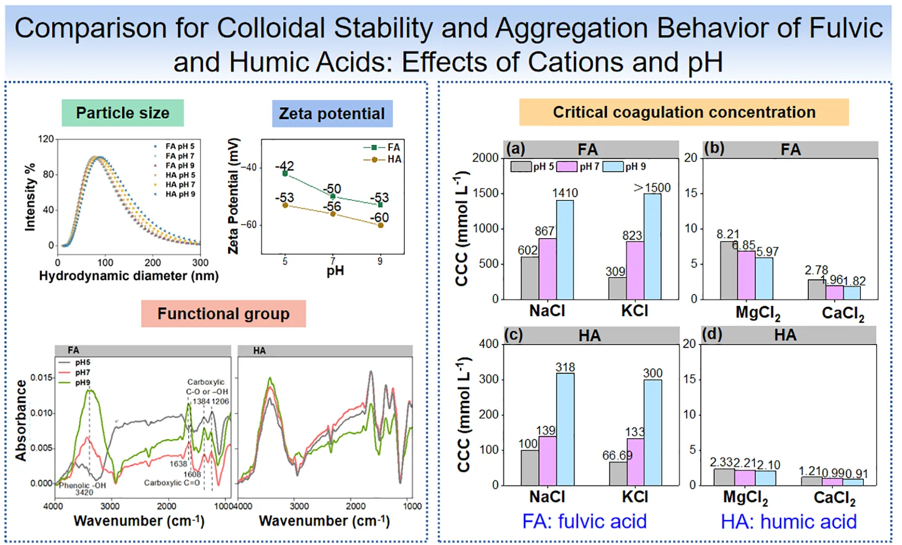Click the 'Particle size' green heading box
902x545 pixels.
coord(123,113)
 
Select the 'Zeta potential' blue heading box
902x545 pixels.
coord(332,113)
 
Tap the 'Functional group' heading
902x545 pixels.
coord(223,313)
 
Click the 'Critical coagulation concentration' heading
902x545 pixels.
coord(684,112)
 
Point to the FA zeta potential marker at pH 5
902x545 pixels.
coord(285,174)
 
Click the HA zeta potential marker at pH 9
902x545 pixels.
coord(380,225)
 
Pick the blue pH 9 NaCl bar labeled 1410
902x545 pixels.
coord(565,249)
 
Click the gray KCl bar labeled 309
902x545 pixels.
coord(617,288)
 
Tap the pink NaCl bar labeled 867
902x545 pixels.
coord(547,269)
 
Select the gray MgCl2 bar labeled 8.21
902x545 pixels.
coord(728,270)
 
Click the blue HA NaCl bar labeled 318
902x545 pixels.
coord(565,429)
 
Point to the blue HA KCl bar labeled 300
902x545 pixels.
coord(653,433)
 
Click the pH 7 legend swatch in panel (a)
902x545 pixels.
coord(567,166)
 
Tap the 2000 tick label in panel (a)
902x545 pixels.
coord(485,158)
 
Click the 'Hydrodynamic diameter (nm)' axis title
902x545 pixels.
coord(129,276)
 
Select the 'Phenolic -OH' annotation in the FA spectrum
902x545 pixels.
coord(82,485)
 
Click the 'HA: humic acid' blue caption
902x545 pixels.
coord(788,522)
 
